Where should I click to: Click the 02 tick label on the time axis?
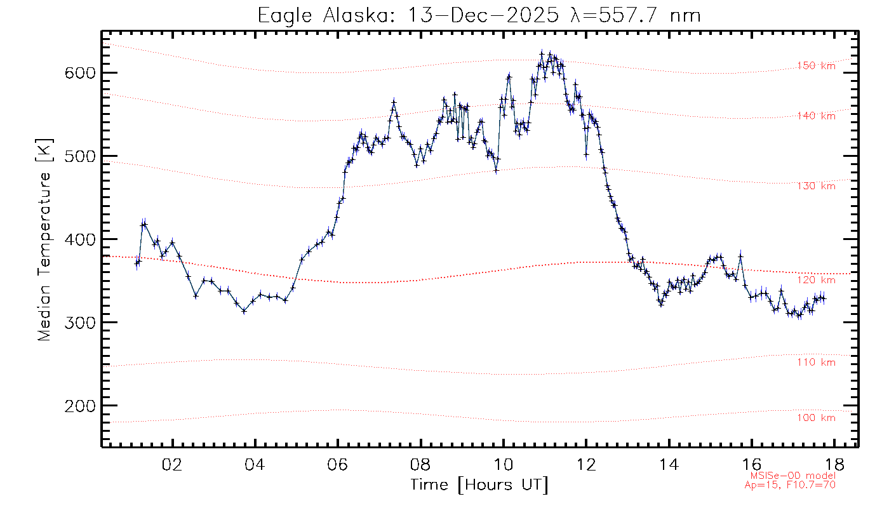[172, 464]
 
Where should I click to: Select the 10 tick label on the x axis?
[504, 464]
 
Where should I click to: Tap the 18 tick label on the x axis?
[835, 464]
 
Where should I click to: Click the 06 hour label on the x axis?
[338, 464]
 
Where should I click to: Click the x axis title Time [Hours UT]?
[479, 485]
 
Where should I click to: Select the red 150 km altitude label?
[817, 65]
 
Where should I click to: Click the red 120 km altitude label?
[817, 280]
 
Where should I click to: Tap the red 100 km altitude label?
[817, 418]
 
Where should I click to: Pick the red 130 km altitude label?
[817, 186]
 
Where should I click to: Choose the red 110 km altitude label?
[817, 363]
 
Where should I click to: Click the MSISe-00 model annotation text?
[792, 476]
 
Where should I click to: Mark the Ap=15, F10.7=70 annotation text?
[789, 485]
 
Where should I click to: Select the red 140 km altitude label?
[817, 116]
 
